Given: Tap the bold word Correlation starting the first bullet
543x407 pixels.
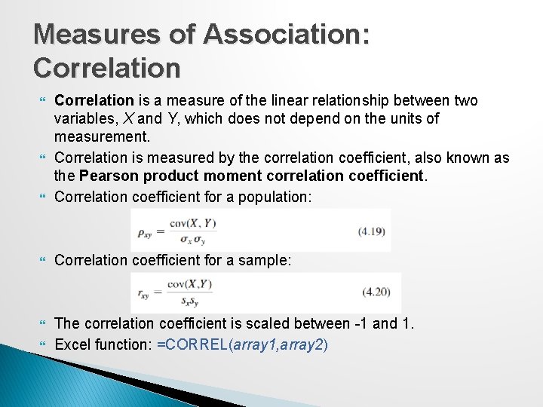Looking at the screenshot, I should (x=94, y=100).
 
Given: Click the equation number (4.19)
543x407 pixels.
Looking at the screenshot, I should (x=373, y=230).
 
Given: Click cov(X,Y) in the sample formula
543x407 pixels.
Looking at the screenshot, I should (x=190, y=284).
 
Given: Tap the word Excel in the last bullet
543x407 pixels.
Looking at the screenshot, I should (x=73, y=344).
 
